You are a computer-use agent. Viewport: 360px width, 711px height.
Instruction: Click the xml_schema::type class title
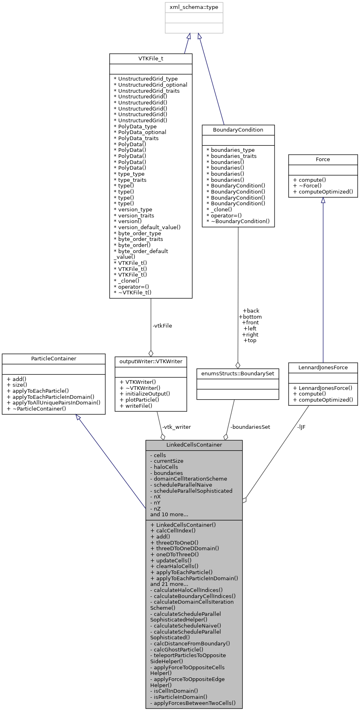click(x=194, y=8)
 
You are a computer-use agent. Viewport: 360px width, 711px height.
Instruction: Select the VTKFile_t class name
click(x=151, y=59)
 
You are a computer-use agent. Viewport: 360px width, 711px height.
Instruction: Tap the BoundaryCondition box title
click(x=238, y=130)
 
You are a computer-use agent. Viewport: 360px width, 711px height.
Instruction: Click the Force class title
click(x=323, y=160)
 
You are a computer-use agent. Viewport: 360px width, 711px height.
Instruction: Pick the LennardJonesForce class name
click(x=323, y=368)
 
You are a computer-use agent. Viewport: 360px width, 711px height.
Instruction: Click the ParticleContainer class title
click(x=53, y=359)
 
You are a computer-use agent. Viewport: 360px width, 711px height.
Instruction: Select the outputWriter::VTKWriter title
click(x=151, y=362)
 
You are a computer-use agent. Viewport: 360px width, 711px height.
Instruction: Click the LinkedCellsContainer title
click(x=194, y=445)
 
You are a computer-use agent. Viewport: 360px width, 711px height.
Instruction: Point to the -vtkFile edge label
click(x=162, y=326)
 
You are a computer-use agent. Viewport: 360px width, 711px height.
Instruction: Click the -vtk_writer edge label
click(x=176, y=427)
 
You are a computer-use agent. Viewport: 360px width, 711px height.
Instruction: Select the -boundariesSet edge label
click(x=250, y=427)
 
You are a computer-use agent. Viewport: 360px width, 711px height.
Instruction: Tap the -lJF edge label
click(x=301, y=427)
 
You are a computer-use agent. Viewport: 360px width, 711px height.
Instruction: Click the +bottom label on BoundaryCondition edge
click(x=250, y=317)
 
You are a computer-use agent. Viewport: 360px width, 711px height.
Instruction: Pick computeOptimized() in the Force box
click(x=323, y=192)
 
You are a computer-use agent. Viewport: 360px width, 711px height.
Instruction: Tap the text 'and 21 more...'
click(x=169, y=584)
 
